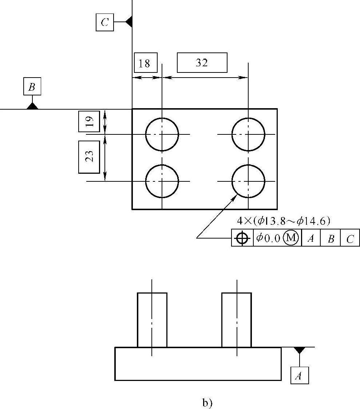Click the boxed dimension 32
pyautogui.click(x=202, y=63)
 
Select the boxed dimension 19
pyautogui.click(x=89, y=121)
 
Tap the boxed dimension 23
pyautogui.click(x=89, y=157)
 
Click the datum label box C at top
pyautogui.click(x=105, y=23)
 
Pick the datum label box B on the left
pyautogui.click(x=32, y=87)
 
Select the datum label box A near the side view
pyautogui.click(x=300, y=375)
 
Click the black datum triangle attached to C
pyautogui.click(x=128, y=22)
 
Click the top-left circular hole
pyautogui.click(x=162, y=134)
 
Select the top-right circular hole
pyautogui.click(x=248, y=134)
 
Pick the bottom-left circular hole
pyautogui.click(x=162, y=181)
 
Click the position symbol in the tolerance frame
pyautogui.click(x=242, y=238)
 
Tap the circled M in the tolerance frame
pyautogui.click(x=291, y=238)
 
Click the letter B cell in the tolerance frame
pyautogui.click(x=331, y=238)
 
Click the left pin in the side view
pyautogui.click(x=152, y=320)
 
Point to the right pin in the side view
pyautogui.click(x=237, y=320)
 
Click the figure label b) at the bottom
pyautogui.click(x=207, y=402)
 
